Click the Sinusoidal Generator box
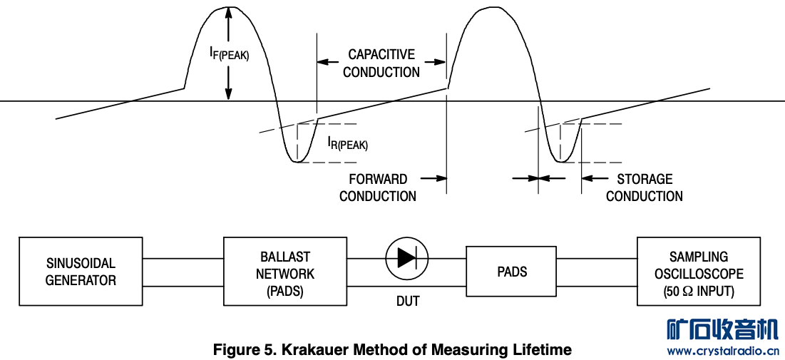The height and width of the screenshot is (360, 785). coord(81,272)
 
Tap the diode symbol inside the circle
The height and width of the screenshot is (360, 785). coord(407,257)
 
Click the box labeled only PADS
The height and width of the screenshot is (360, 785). coord(512,272)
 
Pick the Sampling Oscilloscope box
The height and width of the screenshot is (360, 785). coord(698,273)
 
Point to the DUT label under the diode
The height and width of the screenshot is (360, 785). coord(408,302)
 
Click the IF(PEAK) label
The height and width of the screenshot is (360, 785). coord(229,52)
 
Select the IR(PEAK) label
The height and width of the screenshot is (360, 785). coord(347,143)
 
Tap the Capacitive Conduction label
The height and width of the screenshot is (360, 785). coord(381,63)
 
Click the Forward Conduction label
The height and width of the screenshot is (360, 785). coord(378,187)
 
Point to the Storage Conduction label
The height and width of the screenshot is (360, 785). coord(645,187)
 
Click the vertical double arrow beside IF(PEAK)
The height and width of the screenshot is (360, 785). coord(228,53)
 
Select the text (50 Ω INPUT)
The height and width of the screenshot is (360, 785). coord(699,292)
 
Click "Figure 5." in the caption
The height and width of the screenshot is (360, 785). coord(245,350)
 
